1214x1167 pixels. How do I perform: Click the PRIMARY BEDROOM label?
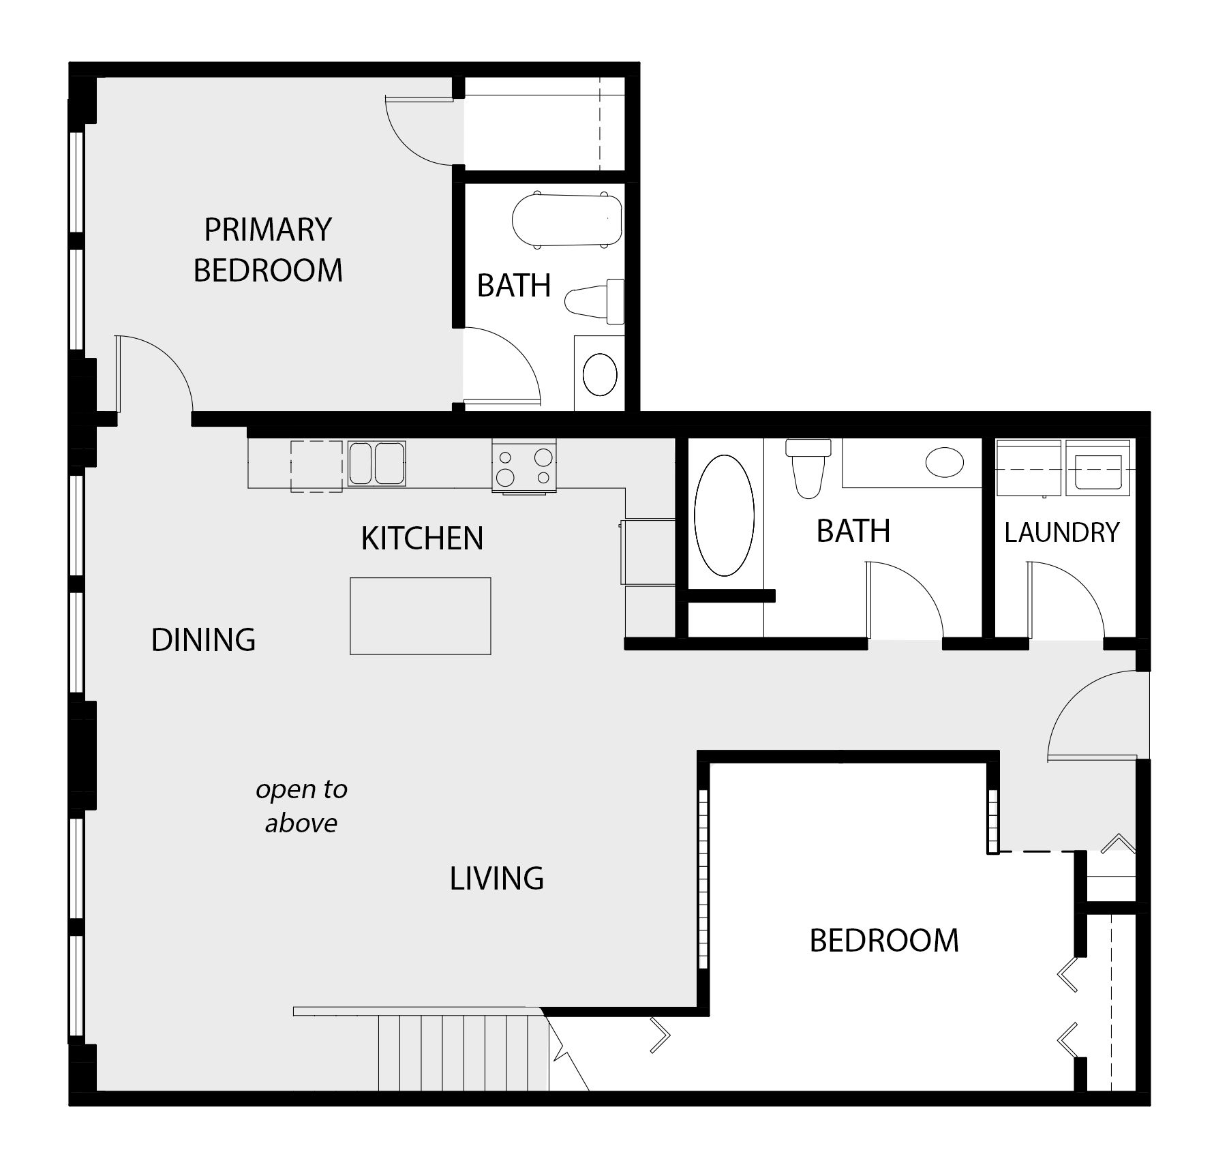click(268, 250)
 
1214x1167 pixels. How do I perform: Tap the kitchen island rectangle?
click(420, 616)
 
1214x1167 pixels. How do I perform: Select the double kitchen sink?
click(376, 464)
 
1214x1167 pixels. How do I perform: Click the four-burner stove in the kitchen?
click(523, 466)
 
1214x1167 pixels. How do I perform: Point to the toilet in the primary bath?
click(594, 301)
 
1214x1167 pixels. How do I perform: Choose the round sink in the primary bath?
click(600, 374)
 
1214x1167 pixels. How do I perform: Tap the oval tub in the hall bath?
click(724, 516)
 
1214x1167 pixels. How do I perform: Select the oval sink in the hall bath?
click(944, 461)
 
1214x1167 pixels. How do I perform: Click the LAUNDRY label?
click(1061, 532)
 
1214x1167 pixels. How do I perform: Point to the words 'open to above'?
click(301, 806)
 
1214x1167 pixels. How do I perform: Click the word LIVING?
click(496, 878)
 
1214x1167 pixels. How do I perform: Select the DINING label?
click(203, 639)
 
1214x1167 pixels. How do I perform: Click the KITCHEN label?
click(422, 538)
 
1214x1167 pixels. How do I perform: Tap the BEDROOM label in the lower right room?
click(884, 940)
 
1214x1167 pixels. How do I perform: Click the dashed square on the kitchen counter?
click(316, 466)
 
